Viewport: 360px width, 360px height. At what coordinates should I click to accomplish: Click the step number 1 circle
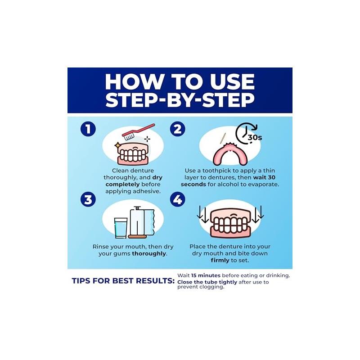(x=88, y=129)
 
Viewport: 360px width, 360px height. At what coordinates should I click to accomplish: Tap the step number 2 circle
(x=177, y=129)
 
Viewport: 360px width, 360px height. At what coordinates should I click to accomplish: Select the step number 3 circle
(x=88, y=199)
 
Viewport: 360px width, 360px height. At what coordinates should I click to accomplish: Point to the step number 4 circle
(x=177, y=199)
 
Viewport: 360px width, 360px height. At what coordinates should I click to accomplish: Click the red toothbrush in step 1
(x=138, y=132)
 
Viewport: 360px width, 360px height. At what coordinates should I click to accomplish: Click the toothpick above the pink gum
(x=223, y=138)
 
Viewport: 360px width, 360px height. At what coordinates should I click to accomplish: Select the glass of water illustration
(x=121, y=228)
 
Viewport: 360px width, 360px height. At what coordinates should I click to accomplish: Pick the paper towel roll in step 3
(x=142, y=222)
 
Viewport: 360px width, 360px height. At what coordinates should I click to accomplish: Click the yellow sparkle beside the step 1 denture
(x=117, y=145)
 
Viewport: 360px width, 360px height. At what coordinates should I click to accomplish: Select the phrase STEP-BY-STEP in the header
(x=180, y=100)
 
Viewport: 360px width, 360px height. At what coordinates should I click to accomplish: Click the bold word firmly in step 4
(x=220, y=261)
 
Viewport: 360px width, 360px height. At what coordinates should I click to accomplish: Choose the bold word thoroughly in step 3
(x=149, y=254)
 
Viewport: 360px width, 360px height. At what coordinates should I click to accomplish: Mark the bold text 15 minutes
(x=206, y=275)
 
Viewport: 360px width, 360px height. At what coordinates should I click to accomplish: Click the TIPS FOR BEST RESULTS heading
(x=123, y=281)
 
